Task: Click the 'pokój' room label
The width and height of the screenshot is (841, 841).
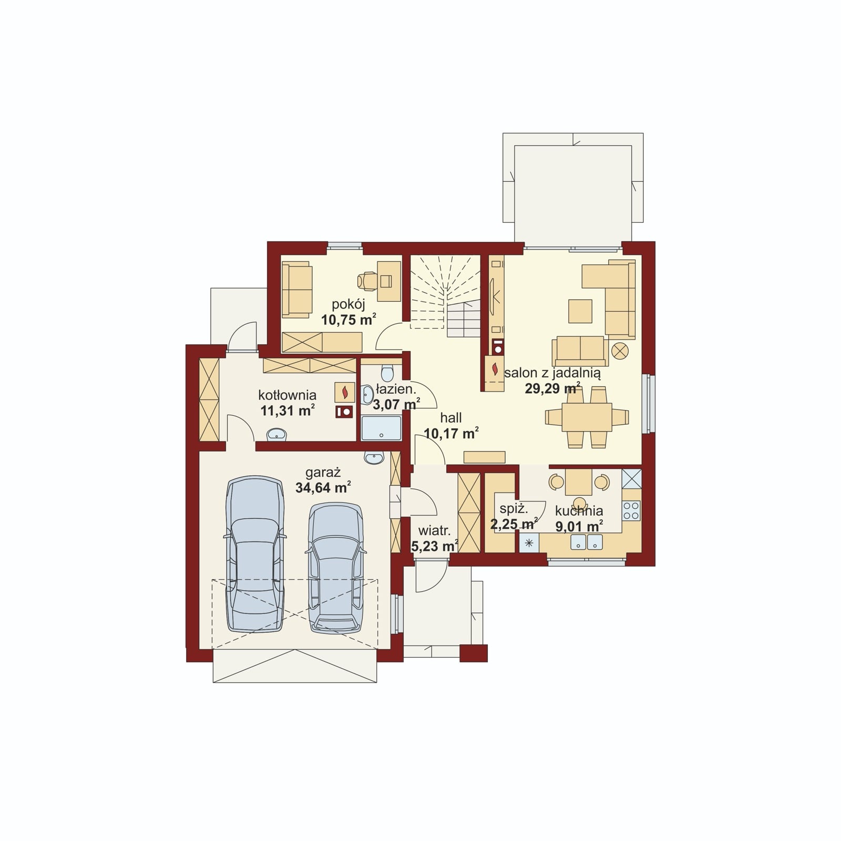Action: [x=348, y=304]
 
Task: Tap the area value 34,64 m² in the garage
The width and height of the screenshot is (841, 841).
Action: [x=323, y=487]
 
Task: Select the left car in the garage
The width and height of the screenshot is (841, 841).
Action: [x=255, y=555]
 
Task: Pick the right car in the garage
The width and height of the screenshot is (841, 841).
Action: [x=336, y=568]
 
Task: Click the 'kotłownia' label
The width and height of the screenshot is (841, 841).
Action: [x=287, y=395]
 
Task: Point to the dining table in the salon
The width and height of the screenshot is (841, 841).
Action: [x=587, y=417]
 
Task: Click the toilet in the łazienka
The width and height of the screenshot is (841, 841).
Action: [x=387, y=372]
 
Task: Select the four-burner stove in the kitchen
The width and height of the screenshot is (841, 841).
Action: [x=631, y=510]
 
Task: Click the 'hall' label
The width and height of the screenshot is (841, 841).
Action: [x=451, y=418]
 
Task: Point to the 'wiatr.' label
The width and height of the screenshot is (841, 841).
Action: [x=434, y=531]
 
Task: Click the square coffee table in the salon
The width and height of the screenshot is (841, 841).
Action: [x=580, y=311]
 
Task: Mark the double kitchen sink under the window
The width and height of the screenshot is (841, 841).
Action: [x=587, y=542]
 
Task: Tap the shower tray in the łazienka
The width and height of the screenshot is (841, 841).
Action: [x=381, y=428]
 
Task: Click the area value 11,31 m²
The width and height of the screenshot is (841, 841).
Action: [x=288, y=410]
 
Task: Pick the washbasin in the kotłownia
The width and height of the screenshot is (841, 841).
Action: [x=276, y=434]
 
